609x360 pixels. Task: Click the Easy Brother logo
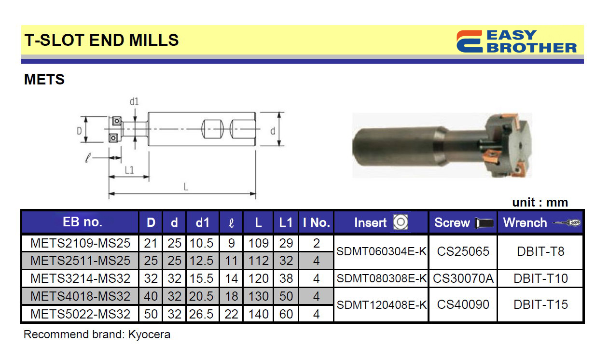(516, 42)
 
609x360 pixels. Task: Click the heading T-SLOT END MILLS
(101, 40)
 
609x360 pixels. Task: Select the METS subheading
(44, 80)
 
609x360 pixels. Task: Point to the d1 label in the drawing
(134, 102)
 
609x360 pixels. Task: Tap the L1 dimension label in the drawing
(129, 170)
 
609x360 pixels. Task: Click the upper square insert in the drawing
(117, 121)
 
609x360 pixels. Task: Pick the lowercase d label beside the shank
(273, 131)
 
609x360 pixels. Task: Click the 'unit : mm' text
(540, 202)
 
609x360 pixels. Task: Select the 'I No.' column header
(316, 222)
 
